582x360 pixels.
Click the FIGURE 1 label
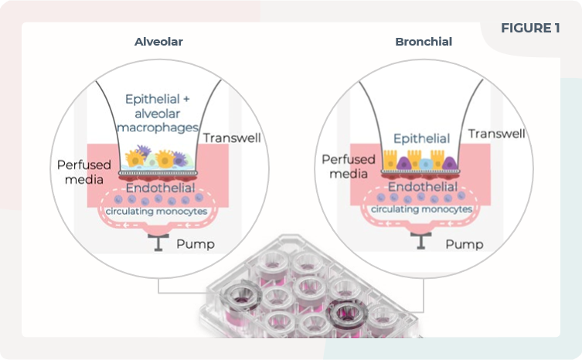pos(530,29)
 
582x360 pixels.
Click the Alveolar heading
pos(158,42)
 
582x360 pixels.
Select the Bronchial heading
pos(423,41)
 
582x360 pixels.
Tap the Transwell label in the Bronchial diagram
pos(497,134)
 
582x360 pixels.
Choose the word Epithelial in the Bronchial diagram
pos(422,139)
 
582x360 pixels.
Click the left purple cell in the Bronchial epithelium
pos(407,161)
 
